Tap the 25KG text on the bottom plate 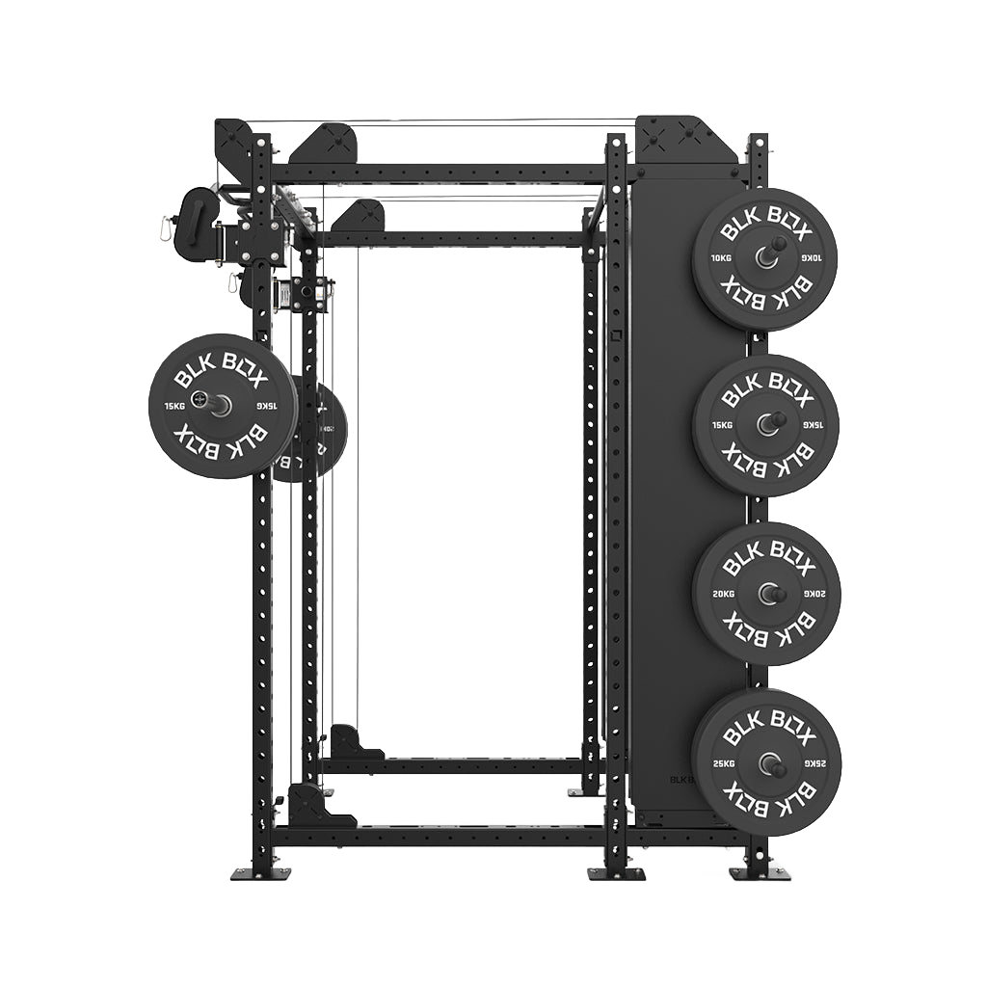721,763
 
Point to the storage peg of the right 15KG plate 771,422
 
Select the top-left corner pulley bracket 235,145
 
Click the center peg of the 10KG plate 768,256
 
